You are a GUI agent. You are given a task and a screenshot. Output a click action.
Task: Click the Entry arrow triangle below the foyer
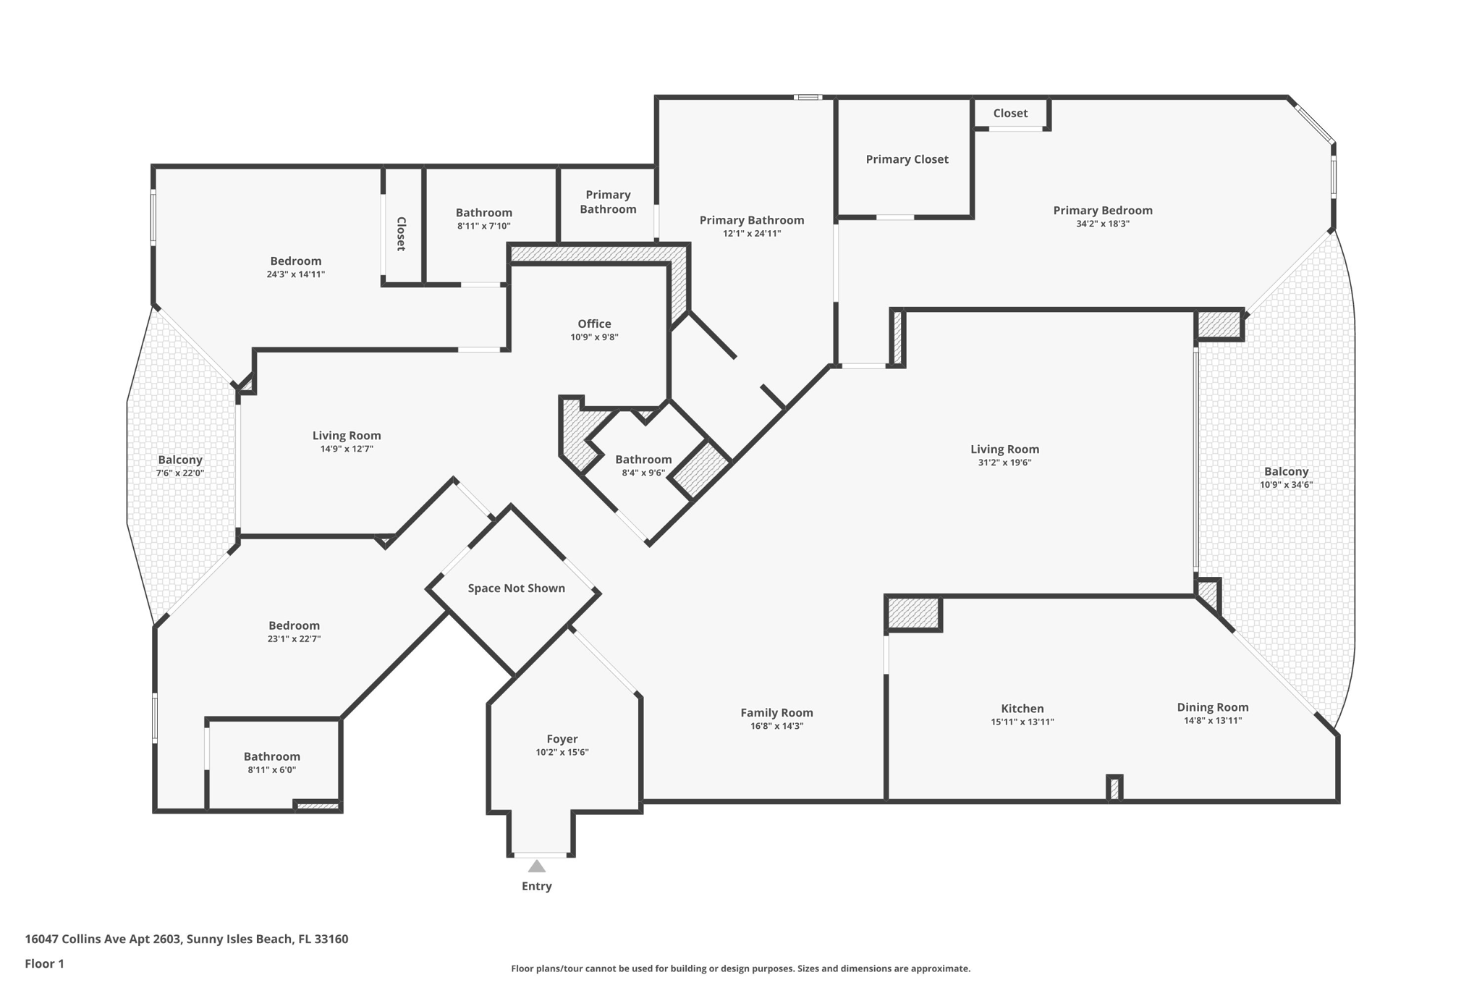(536, 866)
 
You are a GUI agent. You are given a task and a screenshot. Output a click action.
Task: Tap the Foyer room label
(562, 739)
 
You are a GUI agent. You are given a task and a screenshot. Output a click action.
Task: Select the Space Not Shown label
(516, 588)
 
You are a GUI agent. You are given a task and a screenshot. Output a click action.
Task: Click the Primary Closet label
(907, 159)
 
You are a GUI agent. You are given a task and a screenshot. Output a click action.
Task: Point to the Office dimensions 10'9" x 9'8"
(594, 337)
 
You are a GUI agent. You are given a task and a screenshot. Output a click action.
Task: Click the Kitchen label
(1022, 709)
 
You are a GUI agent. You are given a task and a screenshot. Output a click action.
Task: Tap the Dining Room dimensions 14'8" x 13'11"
(1212, 721)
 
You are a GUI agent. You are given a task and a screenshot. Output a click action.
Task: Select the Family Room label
(776, 713)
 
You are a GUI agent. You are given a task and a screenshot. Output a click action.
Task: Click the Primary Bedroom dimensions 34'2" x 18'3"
(1102, 224)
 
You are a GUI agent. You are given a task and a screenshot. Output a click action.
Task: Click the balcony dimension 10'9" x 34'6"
(1286, 485)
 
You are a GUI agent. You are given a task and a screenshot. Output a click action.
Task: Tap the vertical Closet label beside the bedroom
(401, 234)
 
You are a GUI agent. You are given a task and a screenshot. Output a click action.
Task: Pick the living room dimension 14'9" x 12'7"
(347, 449)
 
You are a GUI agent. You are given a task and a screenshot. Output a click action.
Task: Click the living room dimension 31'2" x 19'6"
(1004, 463)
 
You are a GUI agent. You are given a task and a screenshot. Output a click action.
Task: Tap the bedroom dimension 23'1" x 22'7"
(294, 639)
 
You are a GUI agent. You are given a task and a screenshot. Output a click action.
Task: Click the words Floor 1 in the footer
(44, 963)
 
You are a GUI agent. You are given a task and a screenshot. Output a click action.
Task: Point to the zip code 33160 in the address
(330, 940)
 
